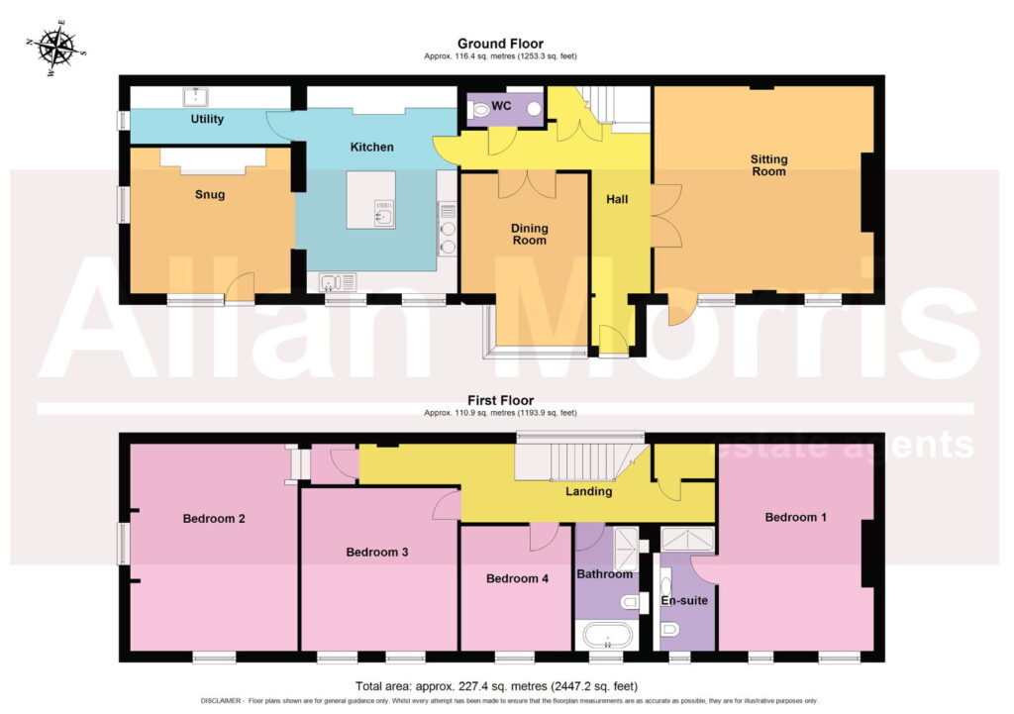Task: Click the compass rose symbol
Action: (55, 49)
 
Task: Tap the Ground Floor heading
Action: (500, 44)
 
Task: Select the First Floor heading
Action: (500, 400)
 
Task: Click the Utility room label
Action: (207, 119)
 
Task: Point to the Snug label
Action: (210, 194)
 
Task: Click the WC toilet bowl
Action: (480, 110)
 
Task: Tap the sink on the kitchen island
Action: (384, 214)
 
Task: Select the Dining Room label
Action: (530, 234)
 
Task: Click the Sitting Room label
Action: (768, 165)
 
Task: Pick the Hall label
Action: (617, 199)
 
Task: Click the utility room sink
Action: (195, 97)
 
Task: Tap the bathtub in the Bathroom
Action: (607, 635)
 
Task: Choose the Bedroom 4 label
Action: (517, 579)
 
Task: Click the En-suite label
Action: (684, 601)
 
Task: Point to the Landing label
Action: (589, 491)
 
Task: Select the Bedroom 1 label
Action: (795, 517)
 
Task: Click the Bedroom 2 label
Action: (214, 519)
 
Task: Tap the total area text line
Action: (497, 686)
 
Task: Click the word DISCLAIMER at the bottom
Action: (221, 701)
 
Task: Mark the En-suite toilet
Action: (669, 629)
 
